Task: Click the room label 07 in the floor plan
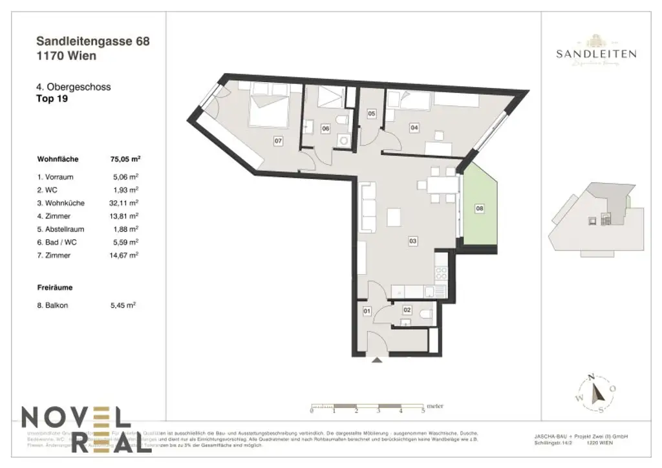pos(279,140)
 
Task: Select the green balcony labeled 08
pos(479,208)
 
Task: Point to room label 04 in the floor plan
pos(414,128)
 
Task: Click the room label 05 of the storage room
pos(371,114)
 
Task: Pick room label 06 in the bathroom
pos(326,129)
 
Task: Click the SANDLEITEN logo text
pos(595,54)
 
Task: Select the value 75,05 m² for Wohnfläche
pos(126,158)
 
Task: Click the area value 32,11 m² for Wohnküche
pos(126,202)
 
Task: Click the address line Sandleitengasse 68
pos(93,41)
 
